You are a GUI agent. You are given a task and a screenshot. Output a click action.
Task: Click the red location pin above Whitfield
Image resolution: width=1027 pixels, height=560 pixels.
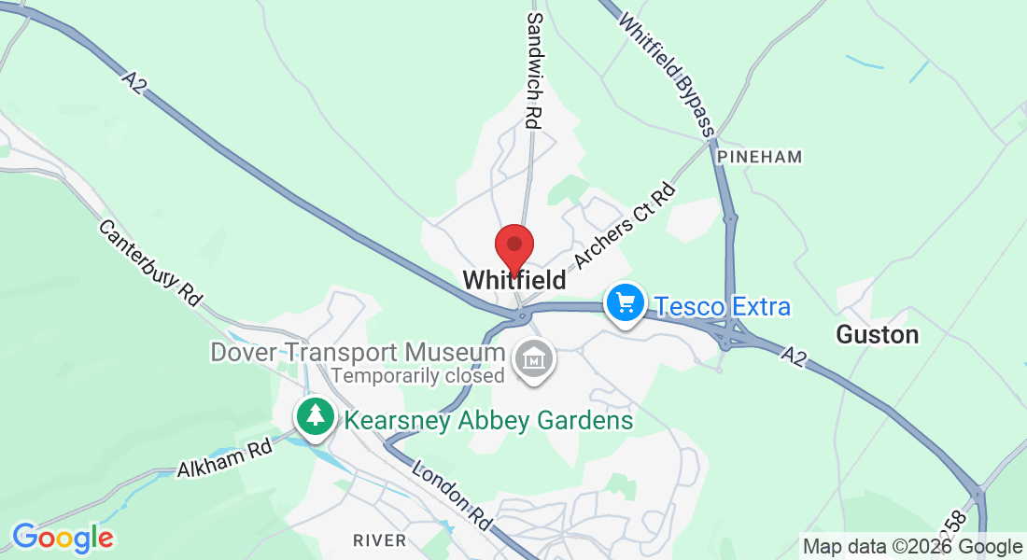click(x=513, y=246)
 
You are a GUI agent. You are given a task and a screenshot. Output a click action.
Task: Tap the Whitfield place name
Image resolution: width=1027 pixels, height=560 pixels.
click(x=513, y=279)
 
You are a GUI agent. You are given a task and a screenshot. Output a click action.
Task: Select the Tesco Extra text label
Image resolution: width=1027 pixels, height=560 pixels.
click(x=722, y=306)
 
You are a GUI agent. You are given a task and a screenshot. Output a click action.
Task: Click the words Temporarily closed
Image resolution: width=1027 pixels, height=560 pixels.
click(x=417, y=376)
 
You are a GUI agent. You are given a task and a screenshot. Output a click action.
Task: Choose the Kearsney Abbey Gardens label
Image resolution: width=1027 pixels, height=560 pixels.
click(x=488, y=420)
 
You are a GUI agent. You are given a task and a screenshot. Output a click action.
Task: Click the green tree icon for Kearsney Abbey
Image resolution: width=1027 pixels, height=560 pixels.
click(x=317, y=416)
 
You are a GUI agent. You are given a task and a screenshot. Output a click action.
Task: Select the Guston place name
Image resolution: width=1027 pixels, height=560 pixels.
click(x=877, y=334)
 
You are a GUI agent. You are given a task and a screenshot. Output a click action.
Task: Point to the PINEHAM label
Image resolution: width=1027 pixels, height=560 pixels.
click(x=759, y=157)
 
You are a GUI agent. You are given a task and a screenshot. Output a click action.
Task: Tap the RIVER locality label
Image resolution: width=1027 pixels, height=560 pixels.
click(x=380, y=539)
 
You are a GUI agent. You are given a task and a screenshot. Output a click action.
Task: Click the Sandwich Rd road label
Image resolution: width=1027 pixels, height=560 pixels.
click(x=535, y=70)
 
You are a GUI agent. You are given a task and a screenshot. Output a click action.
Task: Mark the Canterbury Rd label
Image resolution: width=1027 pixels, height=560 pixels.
click(x=149, y=264)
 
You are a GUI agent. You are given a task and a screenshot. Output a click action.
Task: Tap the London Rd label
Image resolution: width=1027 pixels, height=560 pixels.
click(x=452, y=496)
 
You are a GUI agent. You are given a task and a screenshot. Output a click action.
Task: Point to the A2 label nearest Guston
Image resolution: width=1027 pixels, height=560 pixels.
click(x=793, y=356)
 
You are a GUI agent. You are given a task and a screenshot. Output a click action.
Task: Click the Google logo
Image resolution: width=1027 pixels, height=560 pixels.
click(x=63, y=538)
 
